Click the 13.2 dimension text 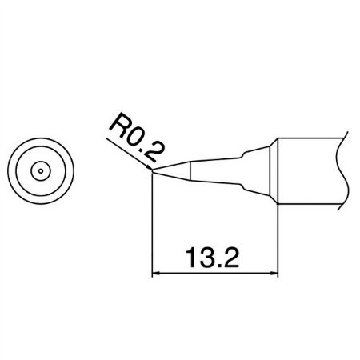(x=212, y=258)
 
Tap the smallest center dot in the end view (x=41, y=171)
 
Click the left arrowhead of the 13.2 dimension (x=155, y=273)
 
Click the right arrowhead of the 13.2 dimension (x=274, y=273)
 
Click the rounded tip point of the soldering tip (x=152, y=171)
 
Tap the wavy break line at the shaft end (x=342, y=171)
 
